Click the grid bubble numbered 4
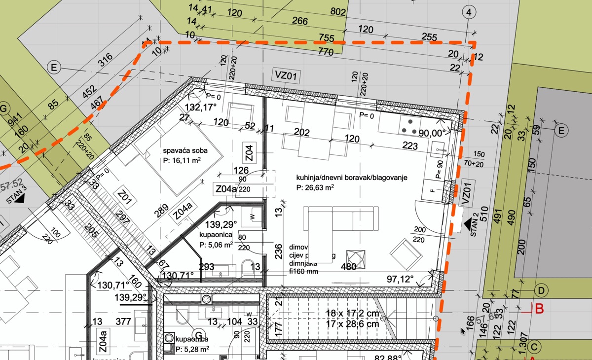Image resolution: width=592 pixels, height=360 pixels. [469, 12]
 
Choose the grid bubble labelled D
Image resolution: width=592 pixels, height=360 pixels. [541, 290]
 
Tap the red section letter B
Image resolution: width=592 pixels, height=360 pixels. [539, 310]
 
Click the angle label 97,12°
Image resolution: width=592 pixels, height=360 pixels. [399, 279]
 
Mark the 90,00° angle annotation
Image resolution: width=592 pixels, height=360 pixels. [432, 132]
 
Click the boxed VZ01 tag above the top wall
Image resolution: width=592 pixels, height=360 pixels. [287, 76]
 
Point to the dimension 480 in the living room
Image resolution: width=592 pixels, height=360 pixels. [349, 267]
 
